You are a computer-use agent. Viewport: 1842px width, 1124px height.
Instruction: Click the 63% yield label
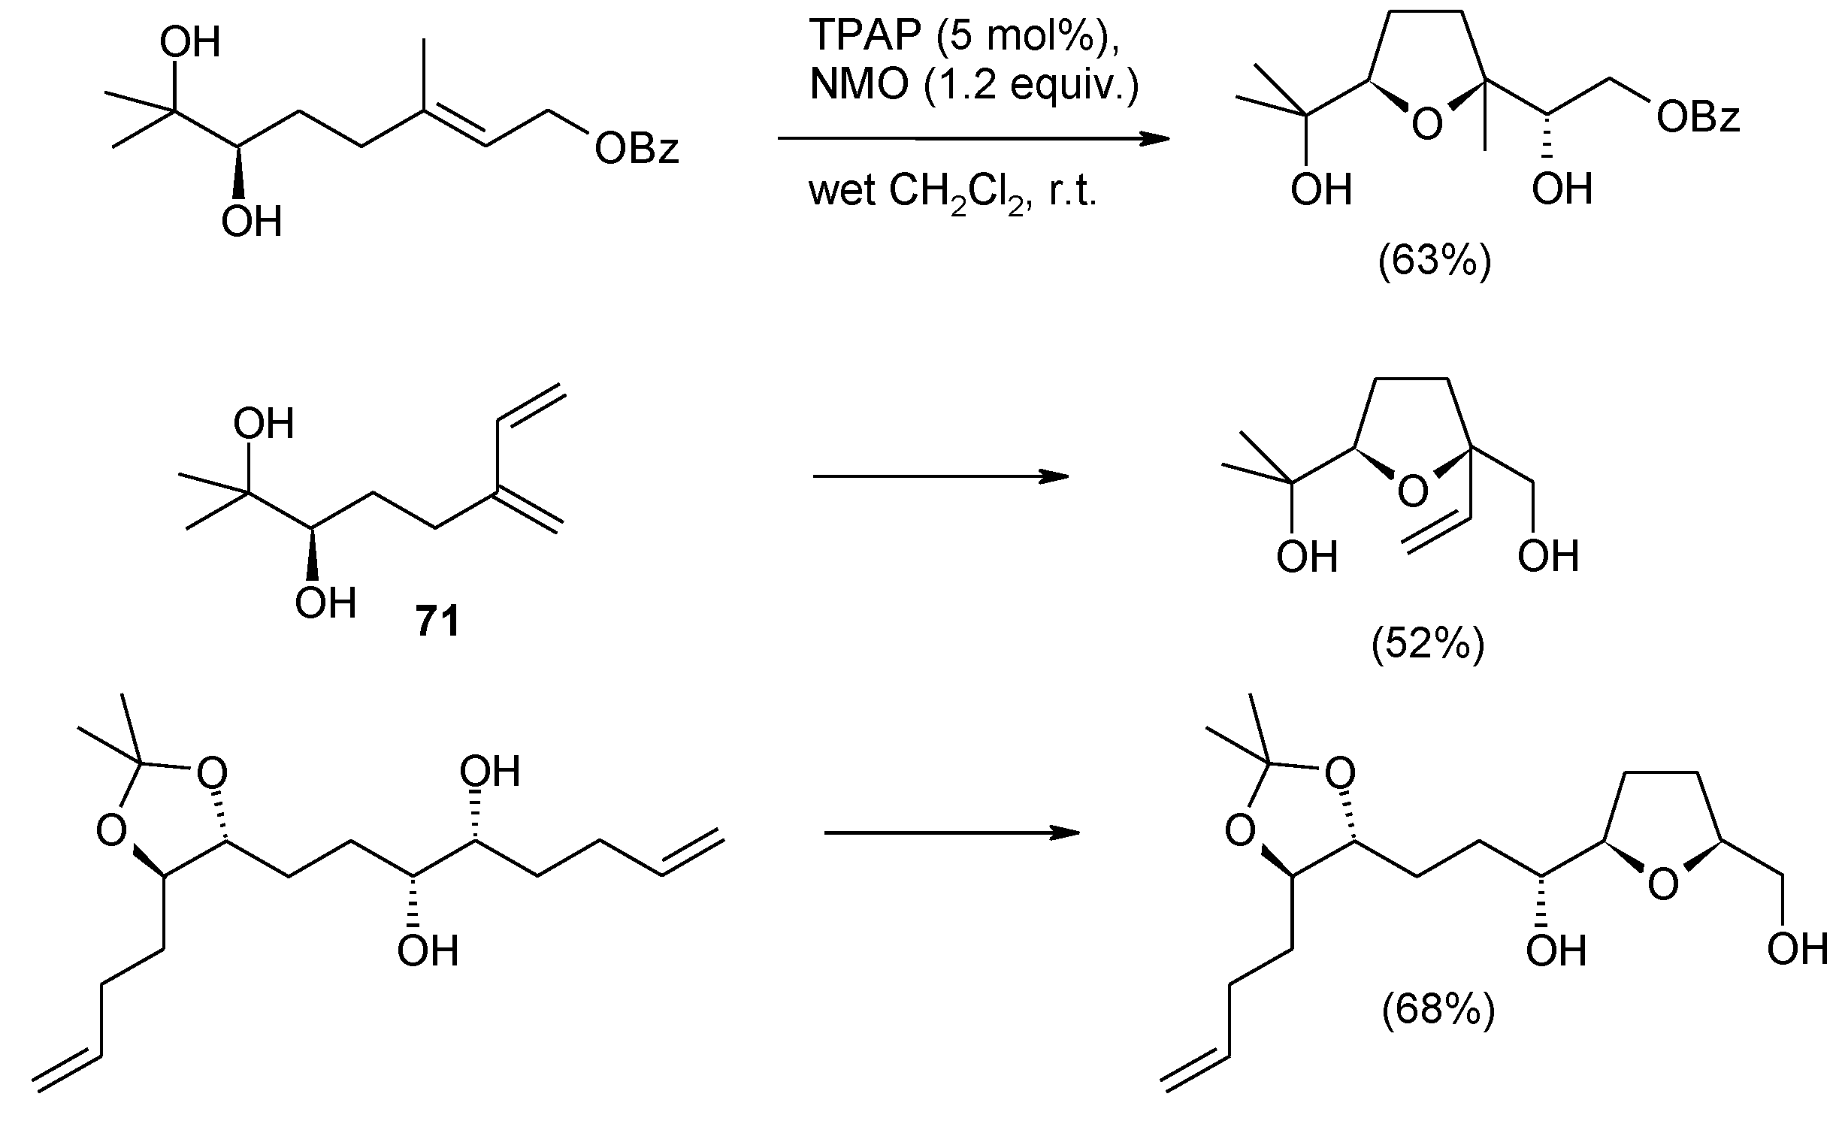1434,262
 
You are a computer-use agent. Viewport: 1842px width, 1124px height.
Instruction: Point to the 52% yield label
1428,645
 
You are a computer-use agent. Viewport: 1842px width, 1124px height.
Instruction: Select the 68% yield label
1438,1010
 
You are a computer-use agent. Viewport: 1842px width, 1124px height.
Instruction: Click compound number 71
437,622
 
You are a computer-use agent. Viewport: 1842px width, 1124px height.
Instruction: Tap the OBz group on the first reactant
636,149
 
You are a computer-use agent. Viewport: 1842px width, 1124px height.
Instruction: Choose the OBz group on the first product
1698,118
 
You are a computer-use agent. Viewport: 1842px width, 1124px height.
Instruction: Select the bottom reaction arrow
951,832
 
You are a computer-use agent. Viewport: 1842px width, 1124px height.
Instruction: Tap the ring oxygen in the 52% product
1413,491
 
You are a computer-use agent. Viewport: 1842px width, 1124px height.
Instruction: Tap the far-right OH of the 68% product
1797,949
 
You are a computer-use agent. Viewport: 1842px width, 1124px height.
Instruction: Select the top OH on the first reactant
190,43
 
